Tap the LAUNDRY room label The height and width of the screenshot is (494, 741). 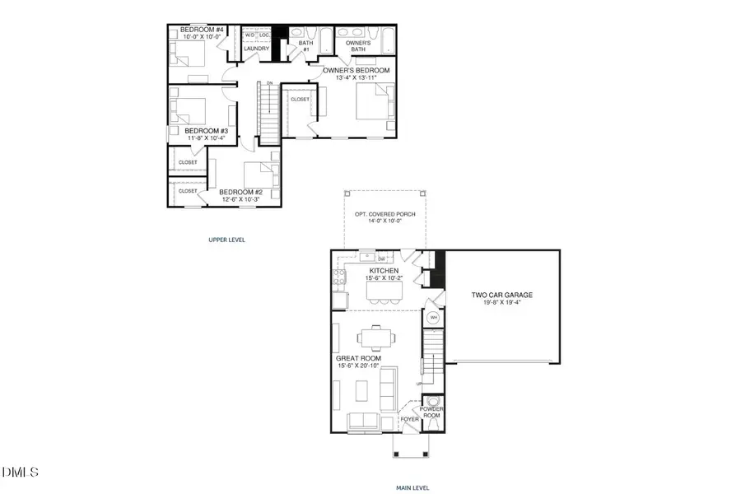(257, 49)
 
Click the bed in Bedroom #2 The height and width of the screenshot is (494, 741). (262, 175)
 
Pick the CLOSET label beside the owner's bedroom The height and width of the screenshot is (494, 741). (301, 99)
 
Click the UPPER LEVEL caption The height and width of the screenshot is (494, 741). (226, 240)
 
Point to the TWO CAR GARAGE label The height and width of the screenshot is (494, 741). (502, 294)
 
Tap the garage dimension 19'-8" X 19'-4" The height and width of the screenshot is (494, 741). (502, 302)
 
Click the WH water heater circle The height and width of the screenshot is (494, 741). (433, 318)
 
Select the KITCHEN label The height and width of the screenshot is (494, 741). (383, 271)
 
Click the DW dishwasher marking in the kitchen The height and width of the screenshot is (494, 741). (381, 259)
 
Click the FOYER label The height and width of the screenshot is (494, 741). (410, 418)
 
